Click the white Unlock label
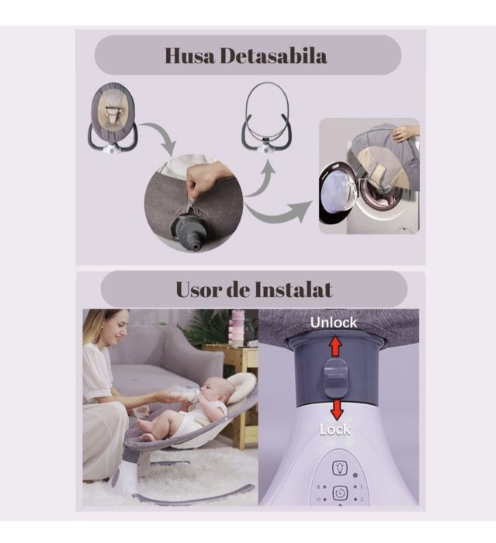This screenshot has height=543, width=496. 334,322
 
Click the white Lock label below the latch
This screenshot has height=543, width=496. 335,429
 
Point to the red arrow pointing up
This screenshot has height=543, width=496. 335,346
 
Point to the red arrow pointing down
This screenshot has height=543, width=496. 335,408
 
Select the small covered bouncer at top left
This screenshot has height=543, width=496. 113,118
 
